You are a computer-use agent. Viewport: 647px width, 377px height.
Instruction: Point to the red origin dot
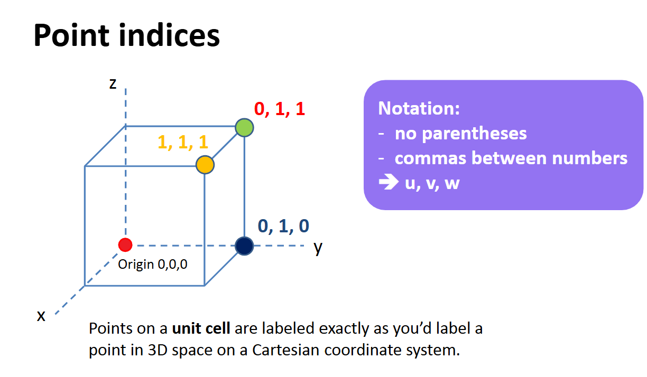(x=125, y=245)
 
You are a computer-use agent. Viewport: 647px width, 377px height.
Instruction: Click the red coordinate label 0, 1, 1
(x=280, y=109)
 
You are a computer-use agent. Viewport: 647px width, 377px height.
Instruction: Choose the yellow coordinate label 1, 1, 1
(x=183, y=142)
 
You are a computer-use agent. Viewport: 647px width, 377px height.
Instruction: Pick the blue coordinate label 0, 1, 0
(x=283, y=226)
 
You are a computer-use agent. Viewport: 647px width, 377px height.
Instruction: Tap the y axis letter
(x=318, y=247)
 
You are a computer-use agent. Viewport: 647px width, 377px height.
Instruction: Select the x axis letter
(x=41, y=316)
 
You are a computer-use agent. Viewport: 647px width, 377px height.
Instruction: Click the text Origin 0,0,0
(x=153, y=264)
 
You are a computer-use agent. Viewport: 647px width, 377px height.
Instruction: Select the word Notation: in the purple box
(x=419, y=109)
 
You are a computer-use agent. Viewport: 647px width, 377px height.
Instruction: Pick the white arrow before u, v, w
(x=387, y=184)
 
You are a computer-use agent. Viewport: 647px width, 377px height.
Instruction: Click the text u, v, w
(x=429, y=184)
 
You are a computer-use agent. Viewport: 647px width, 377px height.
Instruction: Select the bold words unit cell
(x=201, y=329)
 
